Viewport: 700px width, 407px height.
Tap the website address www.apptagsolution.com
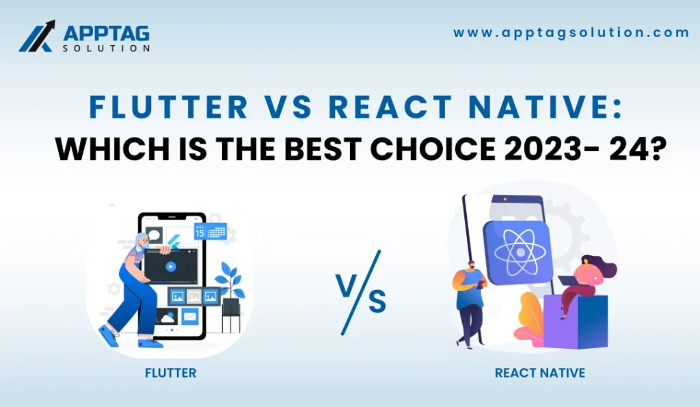click(571, 33)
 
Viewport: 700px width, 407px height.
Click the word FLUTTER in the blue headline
click(169, 107)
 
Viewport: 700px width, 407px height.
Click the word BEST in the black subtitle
click(323, 148)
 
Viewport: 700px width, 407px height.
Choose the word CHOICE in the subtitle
click(433, 148)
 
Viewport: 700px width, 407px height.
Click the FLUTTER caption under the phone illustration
click(170, 373)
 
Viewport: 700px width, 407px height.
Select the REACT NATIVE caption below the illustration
click(540, 373)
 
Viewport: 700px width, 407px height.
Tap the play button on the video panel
click(170, 267)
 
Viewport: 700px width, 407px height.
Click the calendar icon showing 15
click(210, 231)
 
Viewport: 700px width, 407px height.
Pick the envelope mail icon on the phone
click(190, 317)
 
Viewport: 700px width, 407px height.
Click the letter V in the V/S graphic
click(345, 285)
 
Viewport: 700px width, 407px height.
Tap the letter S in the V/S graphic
click(377, 301)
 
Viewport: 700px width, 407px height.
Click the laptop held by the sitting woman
click(567, 281)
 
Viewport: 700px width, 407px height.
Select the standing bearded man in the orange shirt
click(469, 304)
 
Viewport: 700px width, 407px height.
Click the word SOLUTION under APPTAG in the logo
click(106, 48)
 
